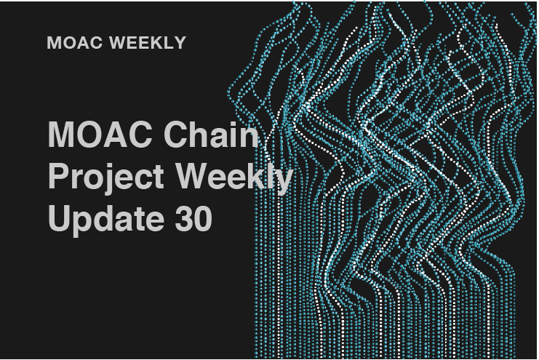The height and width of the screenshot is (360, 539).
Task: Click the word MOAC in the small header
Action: [x=75, y=43]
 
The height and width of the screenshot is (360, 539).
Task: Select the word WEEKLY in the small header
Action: [x=148, y=43]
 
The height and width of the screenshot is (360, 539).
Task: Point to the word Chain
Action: [x=211, y=134]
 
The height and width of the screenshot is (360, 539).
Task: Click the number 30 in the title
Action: [x=193, y=218]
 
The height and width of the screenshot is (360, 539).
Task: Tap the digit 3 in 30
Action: [x=184, y=218]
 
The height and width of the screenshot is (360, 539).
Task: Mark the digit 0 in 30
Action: [x=203, y=218]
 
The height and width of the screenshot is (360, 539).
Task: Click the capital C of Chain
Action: [x=176, y=134]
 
